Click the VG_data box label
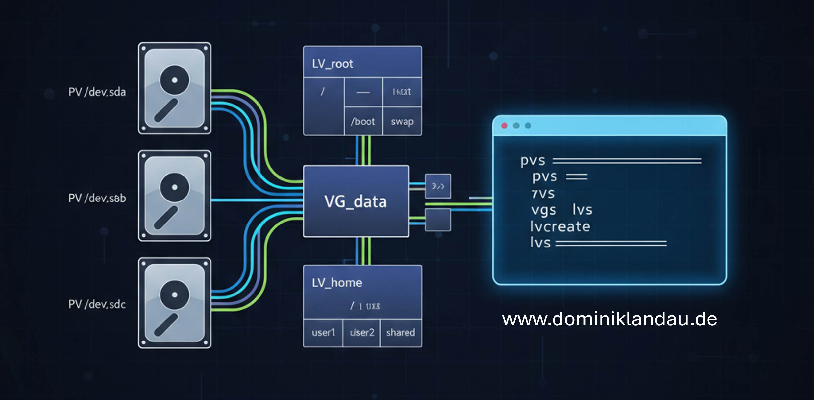click(356, 201)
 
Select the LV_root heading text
click(332, 64)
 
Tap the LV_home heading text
click(337, 283)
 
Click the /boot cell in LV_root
click(363, 122)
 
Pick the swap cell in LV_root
click(402, 122)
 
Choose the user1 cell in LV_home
click(323, 333)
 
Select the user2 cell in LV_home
click(362, 333)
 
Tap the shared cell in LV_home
click(401, 333)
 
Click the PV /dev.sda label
click(97, 92)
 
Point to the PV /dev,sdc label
click(97, 304)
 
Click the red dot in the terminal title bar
click(504, 126)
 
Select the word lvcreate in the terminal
click(560, 226)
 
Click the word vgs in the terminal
click(544, 210)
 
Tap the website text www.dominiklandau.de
click(609, 319)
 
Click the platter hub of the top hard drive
click(175, 80)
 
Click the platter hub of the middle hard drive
click(175, 187)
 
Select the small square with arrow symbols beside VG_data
click(438, 186)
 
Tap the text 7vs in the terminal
click(543, 194)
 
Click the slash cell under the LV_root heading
click(323, 92)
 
